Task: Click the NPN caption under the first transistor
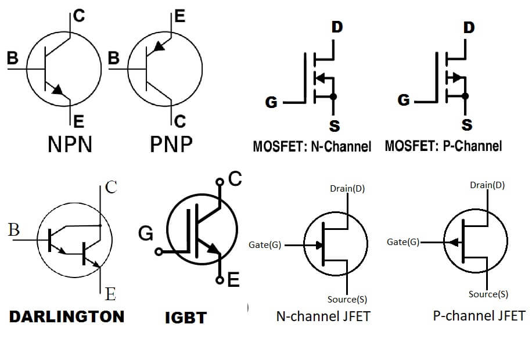pyautogui.click(x=70, y=143)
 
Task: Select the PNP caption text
pyautogui.click(x=171, y=143)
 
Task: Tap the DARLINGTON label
pyautogui.click(x=67, y=316)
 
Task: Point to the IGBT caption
pyautogui.click(x=185, y=318)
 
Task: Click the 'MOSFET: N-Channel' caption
pyautogui.click(x=312, y=146)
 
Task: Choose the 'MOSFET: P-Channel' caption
pyautogui.click(x=443, y=145)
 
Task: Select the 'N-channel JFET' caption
pyautogui.click(x=323, y=316)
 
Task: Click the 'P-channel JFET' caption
pyautogui.click(x=479, y=316)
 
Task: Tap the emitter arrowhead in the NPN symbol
pyautogui.click(x=57, y=89)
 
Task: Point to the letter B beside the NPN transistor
pyautogui.click(x=12, y=58)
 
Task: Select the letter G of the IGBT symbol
pyautogui.click(x=146, y=233)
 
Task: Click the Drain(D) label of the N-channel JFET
pyautogui.click(x=347, y=189)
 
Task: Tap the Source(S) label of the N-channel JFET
pyautogui.click(x=347, y=300)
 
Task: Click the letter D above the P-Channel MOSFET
pyautogui.click(x=469, y=28)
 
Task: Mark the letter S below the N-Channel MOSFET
pyautogui.click(x=335, y=126)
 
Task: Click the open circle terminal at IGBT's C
pyautogui.click(x=220, y=182)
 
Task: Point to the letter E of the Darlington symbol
pyautogui.click(x=110, y=294)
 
